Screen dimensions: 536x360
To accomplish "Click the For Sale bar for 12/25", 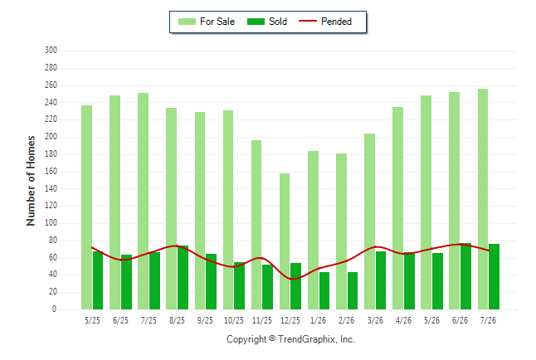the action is [285, 241].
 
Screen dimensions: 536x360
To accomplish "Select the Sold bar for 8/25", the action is [183, 277].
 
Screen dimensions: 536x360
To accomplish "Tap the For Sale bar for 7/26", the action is [483, 199].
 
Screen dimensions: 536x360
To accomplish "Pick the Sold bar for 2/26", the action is [353, 290].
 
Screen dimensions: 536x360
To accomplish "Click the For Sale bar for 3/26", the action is [369, 221].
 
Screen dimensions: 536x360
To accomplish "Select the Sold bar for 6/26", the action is [465, 276].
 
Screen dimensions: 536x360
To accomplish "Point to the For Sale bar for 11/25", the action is [256, 225].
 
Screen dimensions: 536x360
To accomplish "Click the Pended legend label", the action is [336, 22].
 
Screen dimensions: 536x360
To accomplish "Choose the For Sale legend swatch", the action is [187, 22].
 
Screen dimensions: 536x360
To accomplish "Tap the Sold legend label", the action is [278, 22].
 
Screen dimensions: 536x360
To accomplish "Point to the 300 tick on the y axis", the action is [51, 51].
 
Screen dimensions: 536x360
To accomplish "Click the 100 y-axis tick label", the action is [51, 222].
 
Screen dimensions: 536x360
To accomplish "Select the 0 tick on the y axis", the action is [54, 309].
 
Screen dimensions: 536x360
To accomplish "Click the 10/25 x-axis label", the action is [234, 320].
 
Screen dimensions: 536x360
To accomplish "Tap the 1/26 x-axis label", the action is [318, 320].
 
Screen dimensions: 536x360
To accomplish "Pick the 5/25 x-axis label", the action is [92, 320].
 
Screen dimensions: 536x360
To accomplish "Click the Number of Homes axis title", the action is [31, 181].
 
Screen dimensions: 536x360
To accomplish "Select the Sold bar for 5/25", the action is [98, 280].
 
